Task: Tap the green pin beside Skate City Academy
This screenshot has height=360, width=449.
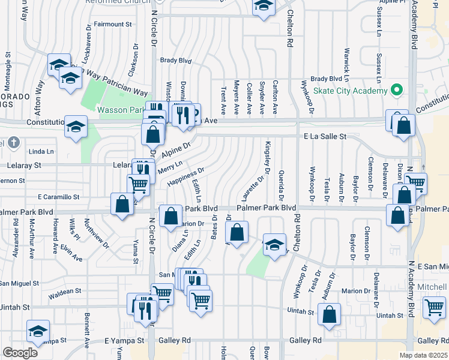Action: point(396,91)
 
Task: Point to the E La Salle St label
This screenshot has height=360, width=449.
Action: point(325,137)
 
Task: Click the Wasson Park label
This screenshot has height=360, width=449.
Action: point(120,110)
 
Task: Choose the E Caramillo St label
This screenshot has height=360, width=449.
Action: point(58,197)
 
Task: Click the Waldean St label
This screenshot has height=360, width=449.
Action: point(65,291)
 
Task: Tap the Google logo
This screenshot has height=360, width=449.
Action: point(20,352)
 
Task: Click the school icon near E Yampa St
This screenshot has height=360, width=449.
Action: point(38,331)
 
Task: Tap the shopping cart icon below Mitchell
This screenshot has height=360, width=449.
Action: point(434,307)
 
